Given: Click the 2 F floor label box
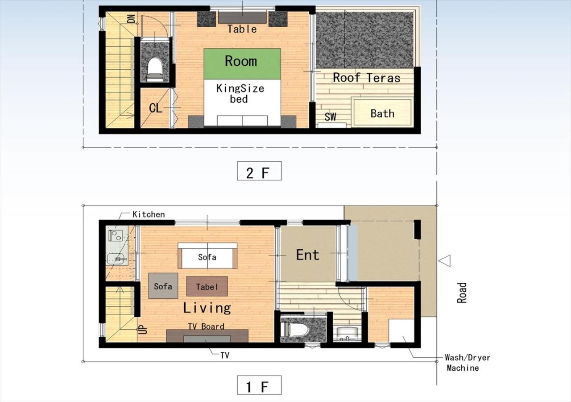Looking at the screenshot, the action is [259, 171].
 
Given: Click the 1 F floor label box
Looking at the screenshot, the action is [259, 385].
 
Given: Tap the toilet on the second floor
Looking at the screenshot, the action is [155, 69].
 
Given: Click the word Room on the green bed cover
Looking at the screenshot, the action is [241, 61].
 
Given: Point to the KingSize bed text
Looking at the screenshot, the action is [240, 93].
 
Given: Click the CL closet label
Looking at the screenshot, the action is [156, 108].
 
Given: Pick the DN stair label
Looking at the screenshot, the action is [131, 18].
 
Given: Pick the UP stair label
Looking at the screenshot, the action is [144, 329].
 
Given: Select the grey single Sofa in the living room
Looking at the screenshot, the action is [163, 285].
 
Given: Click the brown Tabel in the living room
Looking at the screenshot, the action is [207, 286].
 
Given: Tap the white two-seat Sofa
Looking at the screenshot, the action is [207, 256].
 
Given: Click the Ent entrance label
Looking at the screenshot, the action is [308, 255].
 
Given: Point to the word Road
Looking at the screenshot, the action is [462, 293].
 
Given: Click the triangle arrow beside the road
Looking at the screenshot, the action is [444, 260].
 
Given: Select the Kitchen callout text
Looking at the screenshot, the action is [149, 214].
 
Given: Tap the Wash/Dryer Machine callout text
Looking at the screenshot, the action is [468, 363].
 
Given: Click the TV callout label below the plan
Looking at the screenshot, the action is [225, 355].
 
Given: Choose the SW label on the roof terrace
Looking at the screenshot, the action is [331, 117].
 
